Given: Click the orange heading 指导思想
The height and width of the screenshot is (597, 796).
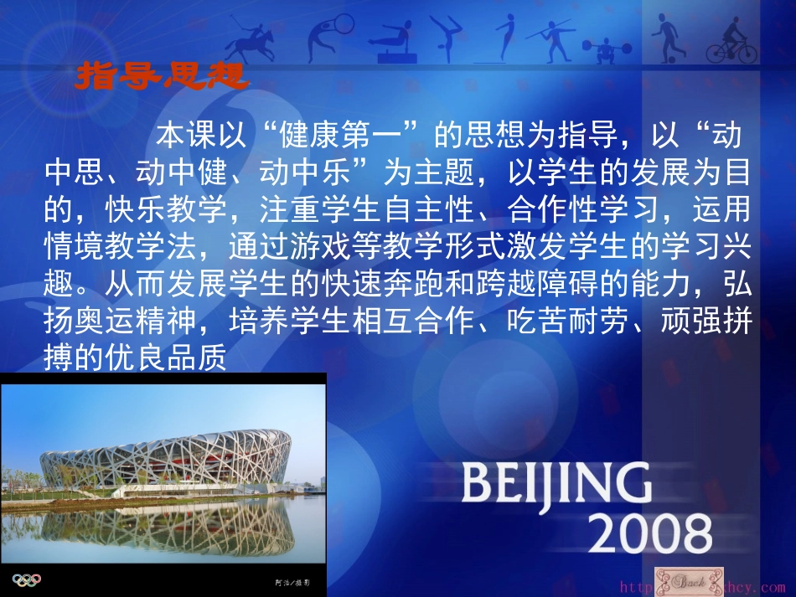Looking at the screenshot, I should tap(161, 76).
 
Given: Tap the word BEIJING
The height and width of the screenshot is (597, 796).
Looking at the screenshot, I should tap(555, 487).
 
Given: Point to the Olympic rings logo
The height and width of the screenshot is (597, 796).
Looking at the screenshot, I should tap(26, 579).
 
